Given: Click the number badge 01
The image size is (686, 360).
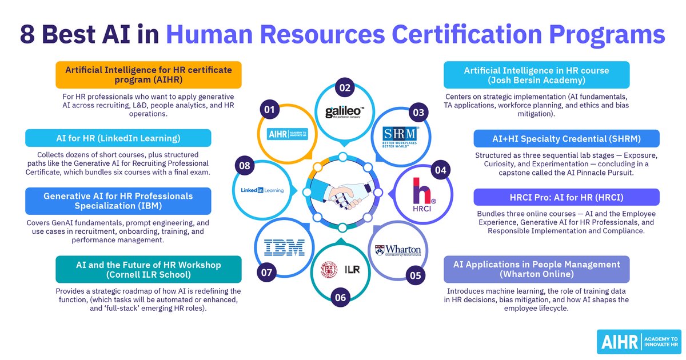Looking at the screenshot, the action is point(269,110).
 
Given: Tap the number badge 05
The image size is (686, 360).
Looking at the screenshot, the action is point(415,275).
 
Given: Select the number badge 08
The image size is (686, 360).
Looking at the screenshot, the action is point(245,166).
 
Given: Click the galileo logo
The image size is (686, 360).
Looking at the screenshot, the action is point(345,112).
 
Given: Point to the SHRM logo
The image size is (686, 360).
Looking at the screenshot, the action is point(400,137).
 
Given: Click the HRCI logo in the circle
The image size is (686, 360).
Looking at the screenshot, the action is point(422,195).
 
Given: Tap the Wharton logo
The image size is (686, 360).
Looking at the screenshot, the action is point(398,250).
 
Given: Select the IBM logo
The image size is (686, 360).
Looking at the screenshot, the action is point(284,247).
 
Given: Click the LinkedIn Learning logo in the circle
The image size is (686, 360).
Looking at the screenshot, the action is point(262,190).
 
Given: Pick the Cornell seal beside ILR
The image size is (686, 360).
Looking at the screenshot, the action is point(329,269).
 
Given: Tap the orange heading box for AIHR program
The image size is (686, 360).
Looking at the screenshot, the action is point(149,75).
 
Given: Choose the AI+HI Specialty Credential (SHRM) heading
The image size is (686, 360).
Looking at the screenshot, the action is point(567,139).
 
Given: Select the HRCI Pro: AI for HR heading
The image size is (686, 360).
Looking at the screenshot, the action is point(567,197).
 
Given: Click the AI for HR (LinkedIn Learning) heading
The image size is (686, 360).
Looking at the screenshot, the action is point(118,138).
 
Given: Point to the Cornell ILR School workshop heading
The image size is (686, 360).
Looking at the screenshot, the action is point(149,269).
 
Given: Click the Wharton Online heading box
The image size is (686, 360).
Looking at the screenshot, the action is point(537,269).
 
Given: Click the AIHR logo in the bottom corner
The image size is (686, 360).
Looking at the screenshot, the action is point(639,342).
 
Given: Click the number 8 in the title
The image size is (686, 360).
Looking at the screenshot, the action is point(27,34).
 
